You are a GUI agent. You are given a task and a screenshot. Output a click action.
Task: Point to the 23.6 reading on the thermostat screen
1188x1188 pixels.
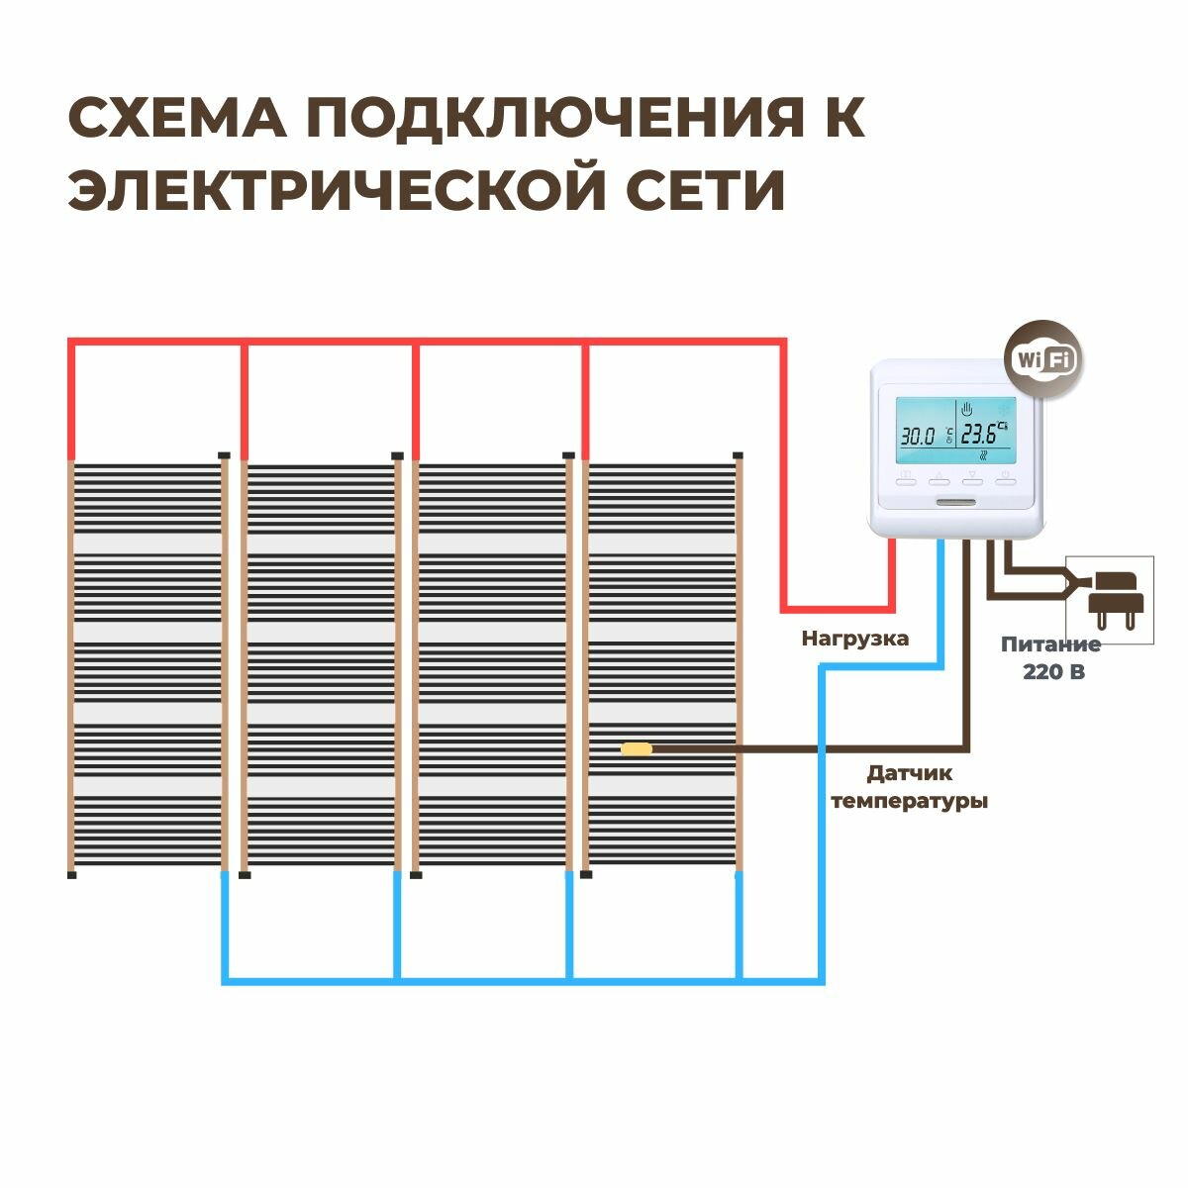click(980, 434)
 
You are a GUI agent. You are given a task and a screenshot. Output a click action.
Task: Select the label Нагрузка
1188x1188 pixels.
click(855, 639)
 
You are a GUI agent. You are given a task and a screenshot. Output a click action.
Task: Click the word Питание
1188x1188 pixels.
click(1050, 644)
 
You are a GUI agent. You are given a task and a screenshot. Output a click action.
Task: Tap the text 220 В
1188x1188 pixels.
click(1052, 671)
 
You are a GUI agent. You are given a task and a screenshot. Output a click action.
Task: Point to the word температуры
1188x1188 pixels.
click(909, 800)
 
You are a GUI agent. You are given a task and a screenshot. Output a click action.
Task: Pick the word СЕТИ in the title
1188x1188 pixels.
click(709, 190)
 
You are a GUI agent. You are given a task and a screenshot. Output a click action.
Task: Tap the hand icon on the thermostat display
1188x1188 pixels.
click(967, 407)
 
